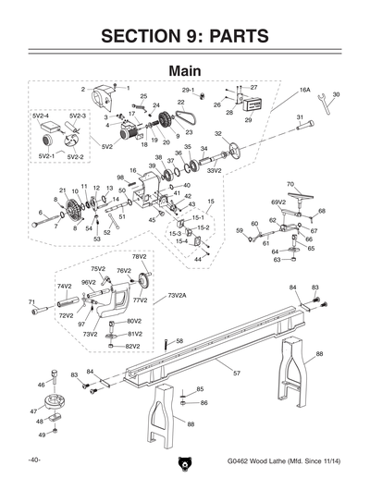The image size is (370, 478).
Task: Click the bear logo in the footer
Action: (x=185, y=463)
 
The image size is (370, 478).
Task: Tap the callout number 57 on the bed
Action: (x=236, y=373)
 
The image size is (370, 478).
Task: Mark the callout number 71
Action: (x=31, y=301)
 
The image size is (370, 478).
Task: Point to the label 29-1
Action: (x=188, y=89)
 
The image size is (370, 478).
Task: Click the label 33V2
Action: (x=214, y=170)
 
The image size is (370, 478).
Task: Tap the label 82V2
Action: (x=133, y=346)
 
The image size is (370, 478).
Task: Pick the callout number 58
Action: (x=179, y=341)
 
